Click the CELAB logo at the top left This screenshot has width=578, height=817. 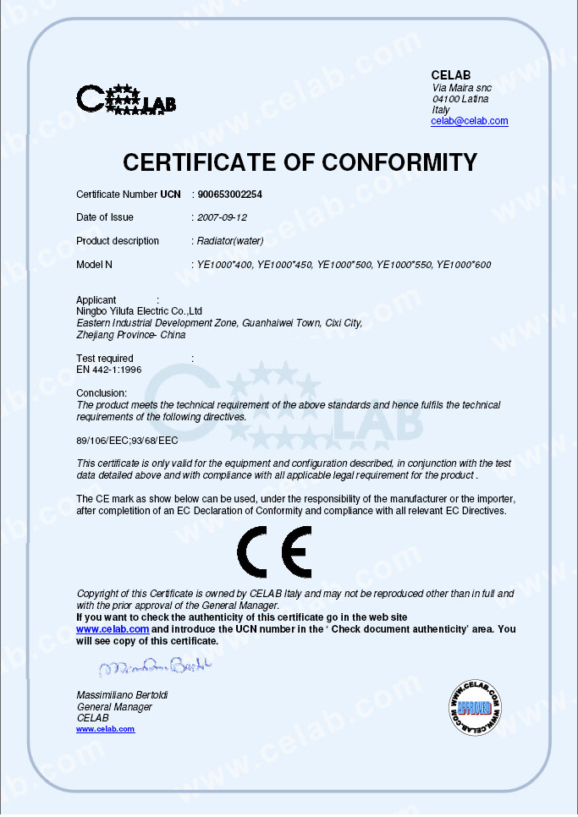126,100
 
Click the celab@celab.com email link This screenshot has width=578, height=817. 469,121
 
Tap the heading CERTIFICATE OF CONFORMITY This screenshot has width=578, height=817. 300,162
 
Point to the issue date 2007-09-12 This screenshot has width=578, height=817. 222,217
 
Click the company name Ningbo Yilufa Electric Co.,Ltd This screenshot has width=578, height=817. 139,311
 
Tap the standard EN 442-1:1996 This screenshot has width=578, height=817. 109,370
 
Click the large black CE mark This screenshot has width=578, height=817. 274,552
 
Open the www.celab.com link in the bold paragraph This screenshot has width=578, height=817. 113,629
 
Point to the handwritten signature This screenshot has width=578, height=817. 153,669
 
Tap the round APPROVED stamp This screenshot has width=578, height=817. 474,705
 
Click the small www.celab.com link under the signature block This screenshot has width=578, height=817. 105,729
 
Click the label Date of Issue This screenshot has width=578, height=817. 105,217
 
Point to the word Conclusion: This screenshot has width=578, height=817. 102,393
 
